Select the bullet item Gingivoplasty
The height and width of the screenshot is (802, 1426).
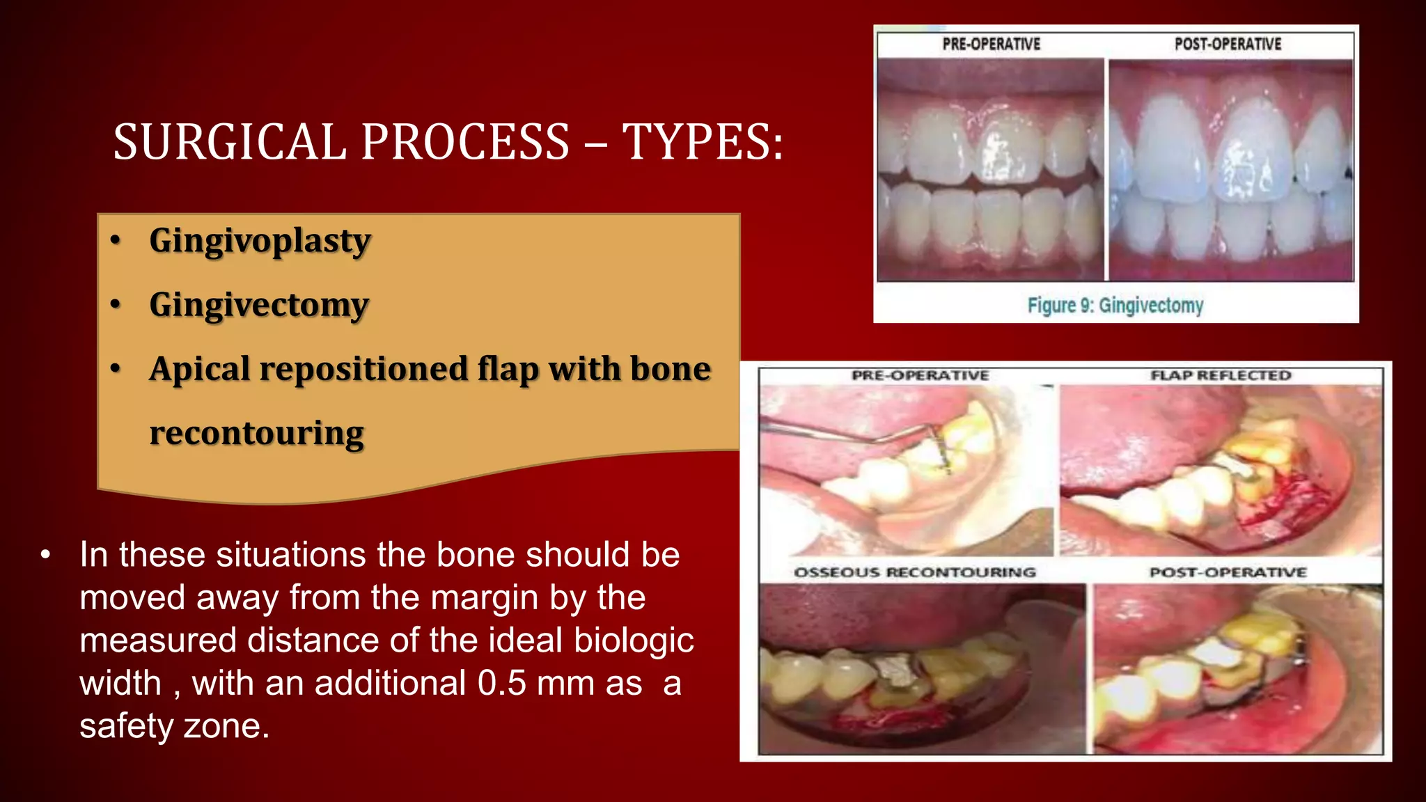(x=260, y=241)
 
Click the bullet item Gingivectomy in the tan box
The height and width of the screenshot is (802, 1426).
(x=259, y=305)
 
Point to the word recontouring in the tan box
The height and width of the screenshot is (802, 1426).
(x=256, y=433)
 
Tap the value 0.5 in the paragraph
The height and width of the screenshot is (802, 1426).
(x=501, y=683)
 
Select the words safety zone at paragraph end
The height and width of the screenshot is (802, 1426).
(x=174, y=726)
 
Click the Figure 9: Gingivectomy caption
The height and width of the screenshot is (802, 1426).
(x=1115, y=305)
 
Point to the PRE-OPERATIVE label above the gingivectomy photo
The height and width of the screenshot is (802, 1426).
(x=991, y=44)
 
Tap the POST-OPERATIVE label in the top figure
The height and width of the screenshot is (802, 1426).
(x=1228, y=44)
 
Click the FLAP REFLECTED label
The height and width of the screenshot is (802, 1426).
(x=1221, y=375)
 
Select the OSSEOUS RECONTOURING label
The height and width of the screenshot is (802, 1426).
(x=915, y=572)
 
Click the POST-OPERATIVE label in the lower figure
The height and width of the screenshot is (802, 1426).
(x=1228, y=572)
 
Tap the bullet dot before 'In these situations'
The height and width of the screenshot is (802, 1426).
(x=45, y=556)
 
